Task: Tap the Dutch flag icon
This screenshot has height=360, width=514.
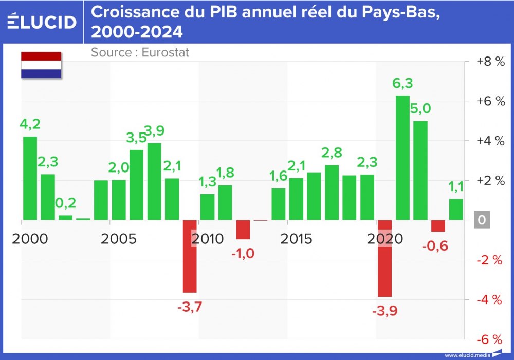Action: [x=41, y=65]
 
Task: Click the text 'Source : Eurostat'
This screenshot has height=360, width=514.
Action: [x=140, y=52]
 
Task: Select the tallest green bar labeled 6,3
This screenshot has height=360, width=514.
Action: [x=402, y=158]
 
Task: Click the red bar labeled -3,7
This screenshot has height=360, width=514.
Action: [x=190, y=256]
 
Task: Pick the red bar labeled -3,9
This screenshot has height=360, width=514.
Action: [x=384, y=258]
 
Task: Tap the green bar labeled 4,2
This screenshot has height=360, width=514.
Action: [x=30, y=178]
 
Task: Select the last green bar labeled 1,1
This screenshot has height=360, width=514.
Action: [x=455, y=210]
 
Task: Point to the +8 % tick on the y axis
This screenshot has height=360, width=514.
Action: [x=490, y=61]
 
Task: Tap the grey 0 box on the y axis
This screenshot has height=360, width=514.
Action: [x=482, y=220]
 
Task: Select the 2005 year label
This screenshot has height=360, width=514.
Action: [x=119, y=239]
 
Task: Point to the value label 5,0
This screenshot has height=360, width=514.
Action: [x=420, y=108]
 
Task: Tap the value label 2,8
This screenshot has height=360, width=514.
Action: [x=332, y=153]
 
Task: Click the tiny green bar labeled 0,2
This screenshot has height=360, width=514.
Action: [x=65, y=217]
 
